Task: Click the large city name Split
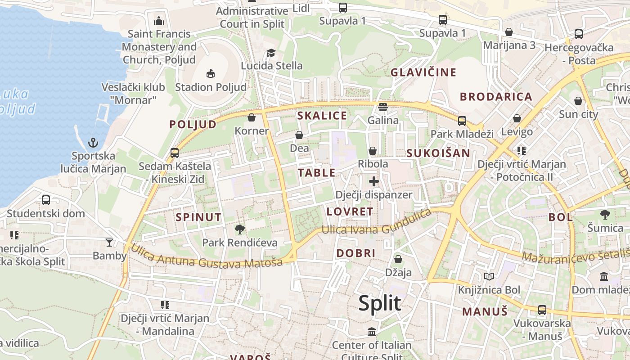[x=379, y=303]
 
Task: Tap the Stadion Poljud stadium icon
[x=210, y=73]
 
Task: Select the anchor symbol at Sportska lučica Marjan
[x=93, y=143]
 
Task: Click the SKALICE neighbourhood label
[x=322, y=116]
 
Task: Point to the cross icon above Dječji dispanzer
[x=373, y=181]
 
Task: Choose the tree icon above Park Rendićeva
[x=240, y=229]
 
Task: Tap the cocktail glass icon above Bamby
[x=109, y=243]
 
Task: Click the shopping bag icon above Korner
[x=252, y=117]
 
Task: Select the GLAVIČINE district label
[x=423, y=72]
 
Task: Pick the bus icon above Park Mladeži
[x=462, y=121]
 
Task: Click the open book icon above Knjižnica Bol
[x=489, y=276]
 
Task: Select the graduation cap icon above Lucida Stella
[x=271, y=53]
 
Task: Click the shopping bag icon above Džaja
[x=398, y=259]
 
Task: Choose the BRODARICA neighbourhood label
[x=496, y=97]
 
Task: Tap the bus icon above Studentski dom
[x=46, y=200]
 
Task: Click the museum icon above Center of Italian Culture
[x=372, y=332]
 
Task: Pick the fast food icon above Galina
[x=383, y=107]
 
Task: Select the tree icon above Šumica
[x=605, y=215]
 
